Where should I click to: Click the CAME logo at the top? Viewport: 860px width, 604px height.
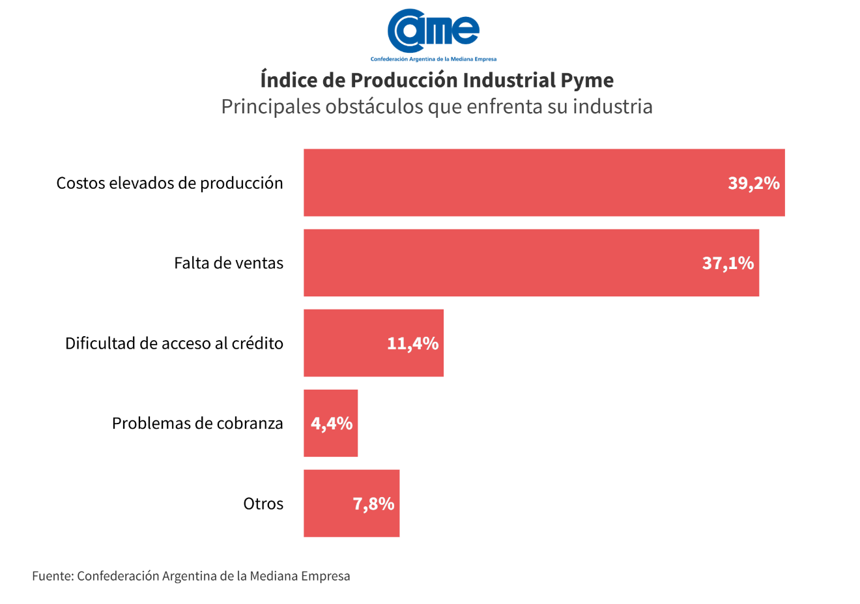433,31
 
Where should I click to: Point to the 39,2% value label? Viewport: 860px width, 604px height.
754,183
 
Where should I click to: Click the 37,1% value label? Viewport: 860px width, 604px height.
728,263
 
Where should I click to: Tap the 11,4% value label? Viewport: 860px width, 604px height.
412,343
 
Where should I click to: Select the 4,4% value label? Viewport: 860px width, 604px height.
332,424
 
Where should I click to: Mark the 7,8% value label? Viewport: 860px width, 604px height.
373,504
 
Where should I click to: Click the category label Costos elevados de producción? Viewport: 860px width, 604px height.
169,183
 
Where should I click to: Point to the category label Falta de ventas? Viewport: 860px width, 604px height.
229,263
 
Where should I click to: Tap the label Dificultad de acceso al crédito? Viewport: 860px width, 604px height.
174,343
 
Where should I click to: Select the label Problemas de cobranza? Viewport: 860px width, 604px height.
197,424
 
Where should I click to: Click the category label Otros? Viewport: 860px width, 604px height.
263,504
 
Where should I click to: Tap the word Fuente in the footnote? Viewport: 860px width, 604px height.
53,576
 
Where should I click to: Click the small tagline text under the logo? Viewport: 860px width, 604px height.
433,59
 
